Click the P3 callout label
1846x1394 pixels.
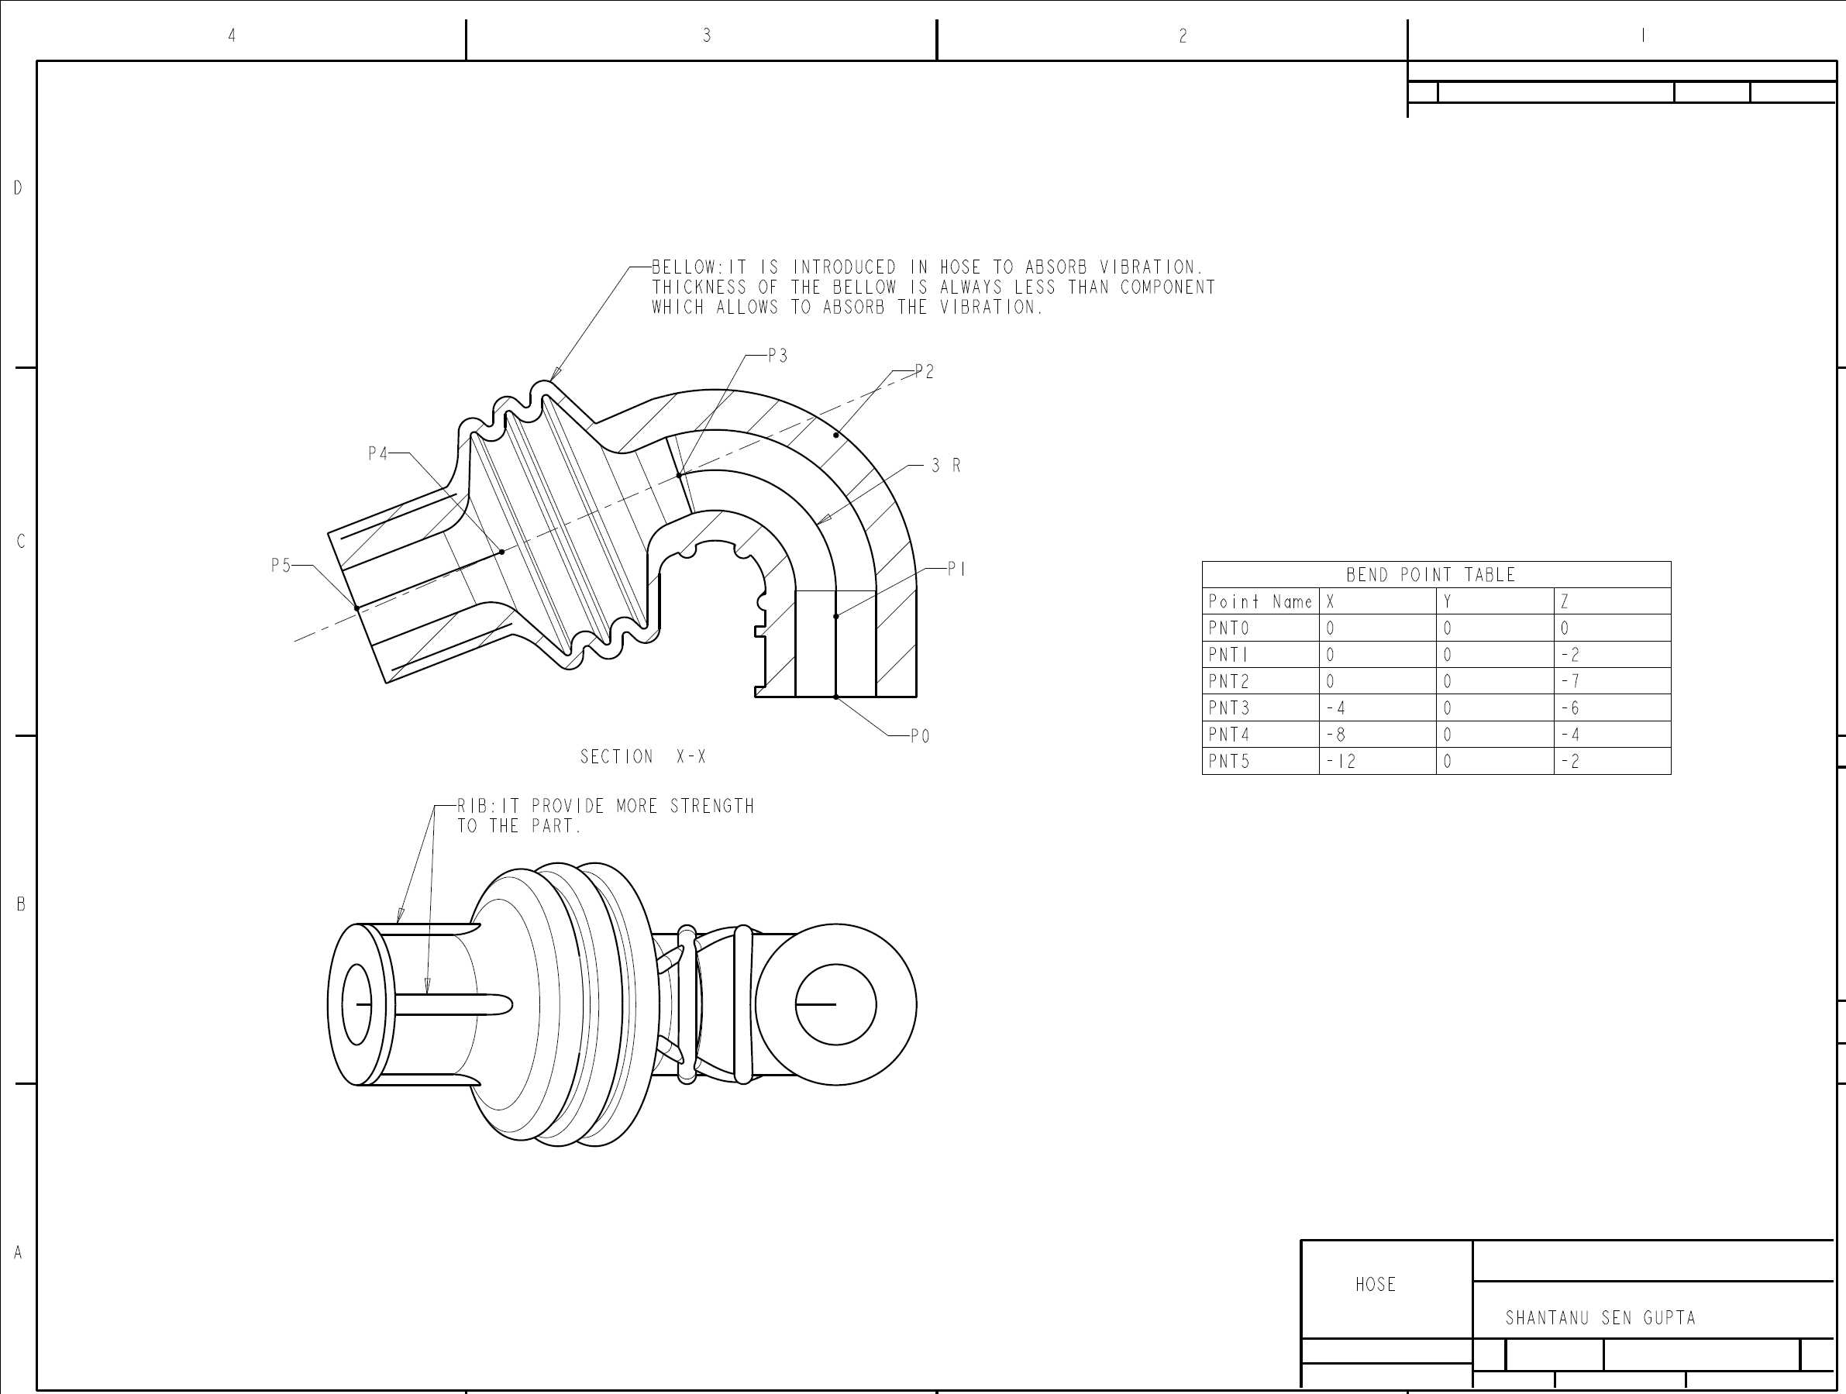pyautogui.click(x=777, y=356)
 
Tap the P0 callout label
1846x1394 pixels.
pyautogui.click(x=920, y=737)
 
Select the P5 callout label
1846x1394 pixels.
pyautogui.click(x=281, y=566)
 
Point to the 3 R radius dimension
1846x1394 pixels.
pyautogui.click(x=946, y=466)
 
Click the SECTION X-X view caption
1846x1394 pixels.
pyautogui.click(x=643, y=756)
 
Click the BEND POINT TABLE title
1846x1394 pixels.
pyautogui.click(x=1431, y=575)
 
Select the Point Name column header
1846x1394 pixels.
pyautogui.click(x=1260, y=601)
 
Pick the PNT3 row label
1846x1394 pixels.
pyautogui.click(x=1228, y=708)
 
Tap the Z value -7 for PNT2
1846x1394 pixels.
pyautogui.click(x=1570, y=682)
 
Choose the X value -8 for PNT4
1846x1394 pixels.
pyautogui.click(x=1335, y=735)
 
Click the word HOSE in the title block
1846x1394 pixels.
pyautogui.click(x=1376, y=1285)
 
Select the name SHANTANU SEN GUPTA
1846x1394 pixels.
pyautogui.click(x=1600, y=1318)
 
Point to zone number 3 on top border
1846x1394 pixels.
pyautogui.click(x=707, y=35)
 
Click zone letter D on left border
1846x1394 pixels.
pyautogui.click(x=18, y=188)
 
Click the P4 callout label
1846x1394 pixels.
pyautogui.click(x=378, y=454)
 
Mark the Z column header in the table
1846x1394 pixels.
pyautogui.click(x=1565, y=601)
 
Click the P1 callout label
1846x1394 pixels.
pyautogui.click(x=956, y=569)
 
